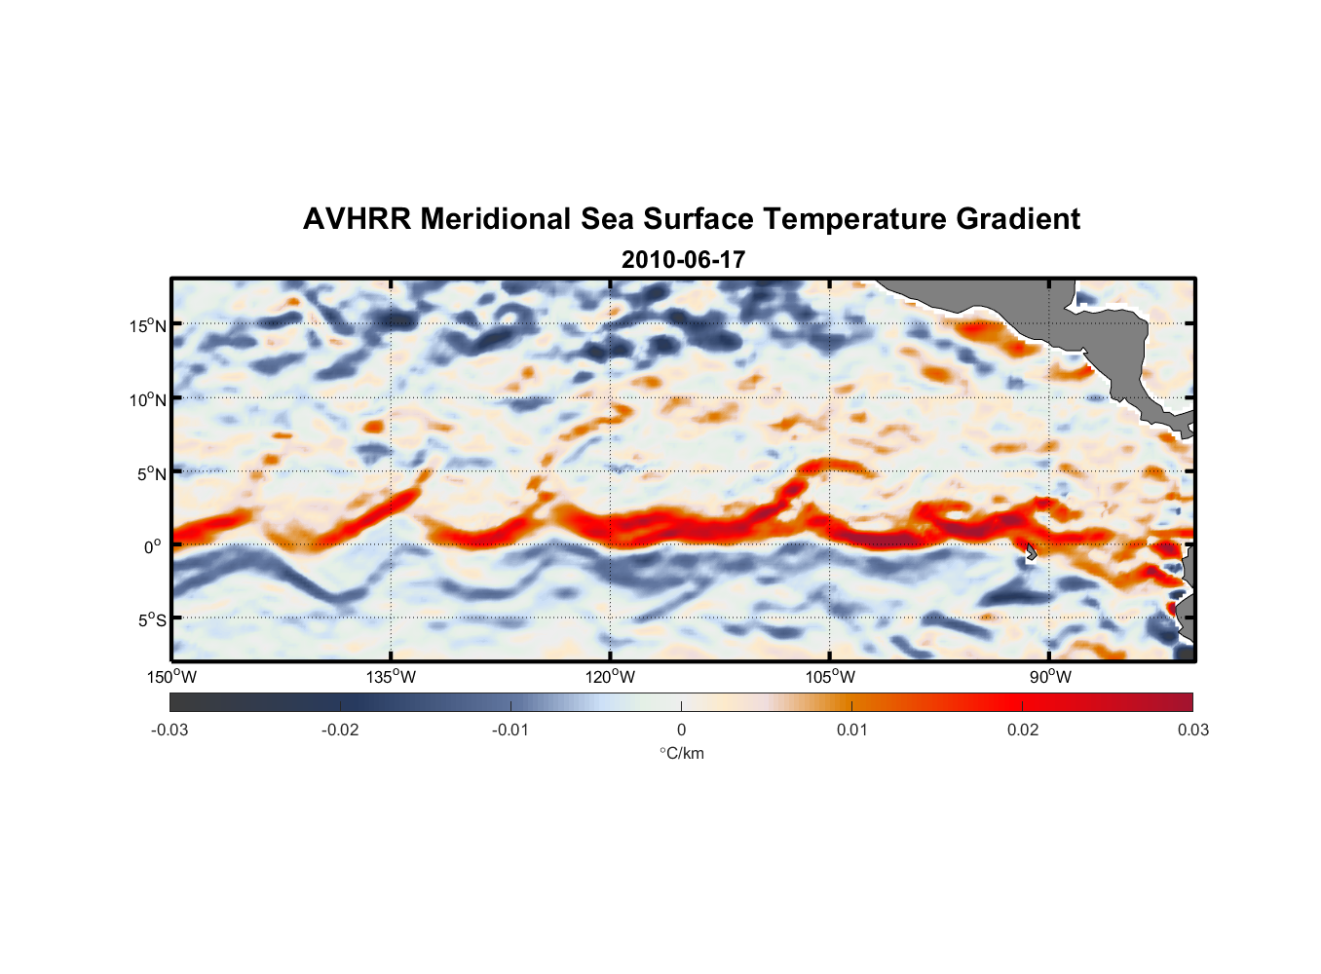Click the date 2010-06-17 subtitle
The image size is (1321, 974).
click(683, 260)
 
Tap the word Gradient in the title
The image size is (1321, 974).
click(1017, 219)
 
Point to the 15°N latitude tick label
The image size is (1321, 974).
click(147, 325)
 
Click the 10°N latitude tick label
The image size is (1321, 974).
click(147, 399)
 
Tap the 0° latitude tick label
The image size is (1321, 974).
click(153, 546)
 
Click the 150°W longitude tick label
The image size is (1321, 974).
click(172, 677)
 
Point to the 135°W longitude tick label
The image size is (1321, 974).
click(392, 677)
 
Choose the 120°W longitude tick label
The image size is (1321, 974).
click(611, 677)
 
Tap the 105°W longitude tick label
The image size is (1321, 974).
click(830, 677)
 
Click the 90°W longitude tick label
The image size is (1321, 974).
click(1050, 677)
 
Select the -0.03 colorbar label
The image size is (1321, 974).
click(170, 730)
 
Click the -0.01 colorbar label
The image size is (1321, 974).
click(510, 730)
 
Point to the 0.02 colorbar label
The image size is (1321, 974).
click(1023, 730)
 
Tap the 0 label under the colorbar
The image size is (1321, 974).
click(681, 730)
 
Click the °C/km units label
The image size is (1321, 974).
click(681, 753)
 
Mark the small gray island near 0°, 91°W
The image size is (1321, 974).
click(1031, 552)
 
